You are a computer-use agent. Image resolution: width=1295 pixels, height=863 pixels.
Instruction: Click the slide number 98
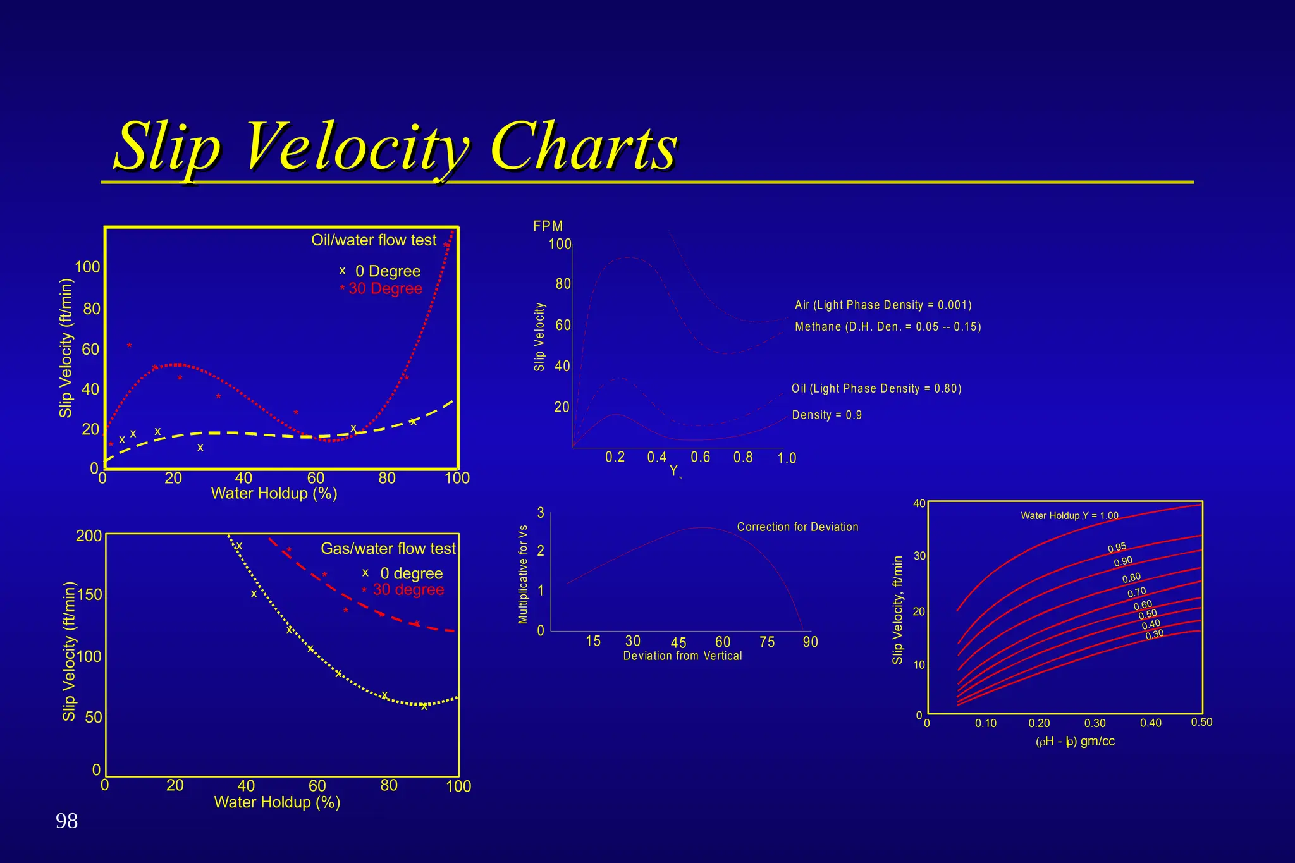point(67,821)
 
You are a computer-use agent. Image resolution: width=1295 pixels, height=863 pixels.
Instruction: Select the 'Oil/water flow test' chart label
point(374,240)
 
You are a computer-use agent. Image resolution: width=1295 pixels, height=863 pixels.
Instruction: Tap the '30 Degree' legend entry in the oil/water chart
point(385,289)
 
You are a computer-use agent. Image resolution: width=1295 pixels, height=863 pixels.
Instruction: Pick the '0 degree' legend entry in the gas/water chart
point(411,573)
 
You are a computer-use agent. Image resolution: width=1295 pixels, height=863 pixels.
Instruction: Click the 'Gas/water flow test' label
point(388,548)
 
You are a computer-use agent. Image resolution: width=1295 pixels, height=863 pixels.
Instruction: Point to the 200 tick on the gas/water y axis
point(89,536)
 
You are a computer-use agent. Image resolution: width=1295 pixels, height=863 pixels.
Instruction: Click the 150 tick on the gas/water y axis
point(89,595)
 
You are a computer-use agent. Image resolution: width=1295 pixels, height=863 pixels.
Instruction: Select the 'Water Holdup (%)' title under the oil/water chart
point(274,493)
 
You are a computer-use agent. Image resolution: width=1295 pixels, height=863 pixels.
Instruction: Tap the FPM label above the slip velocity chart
point(548,226)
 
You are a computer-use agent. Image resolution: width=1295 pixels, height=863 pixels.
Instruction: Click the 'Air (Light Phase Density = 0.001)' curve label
point(883,305)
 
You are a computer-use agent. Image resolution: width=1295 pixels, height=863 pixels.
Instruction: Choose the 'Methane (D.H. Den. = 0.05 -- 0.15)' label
point(888,327)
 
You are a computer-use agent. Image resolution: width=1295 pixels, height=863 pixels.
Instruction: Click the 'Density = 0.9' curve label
point(827,415)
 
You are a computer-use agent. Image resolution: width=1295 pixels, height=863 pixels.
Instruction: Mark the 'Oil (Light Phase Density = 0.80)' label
point(876,389)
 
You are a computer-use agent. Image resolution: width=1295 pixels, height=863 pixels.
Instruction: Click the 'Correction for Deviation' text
point(797,527)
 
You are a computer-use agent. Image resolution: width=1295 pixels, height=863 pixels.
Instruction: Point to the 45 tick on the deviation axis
point(678,643)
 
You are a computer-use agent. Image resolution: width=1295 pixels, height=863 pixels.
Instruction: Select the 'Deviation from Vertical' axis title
point(682,656)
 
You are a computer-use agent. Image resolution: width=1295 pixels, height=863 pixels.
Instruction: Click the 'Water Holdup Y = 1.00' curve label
point(1069,516)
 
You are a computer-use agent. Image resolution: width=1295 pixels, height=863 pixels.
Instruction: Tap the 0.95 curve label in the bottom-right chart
point(1117,548)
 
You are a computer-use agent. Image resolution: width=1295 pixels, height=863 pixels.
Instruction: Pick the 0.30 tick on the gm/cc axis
point(1095,723)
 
